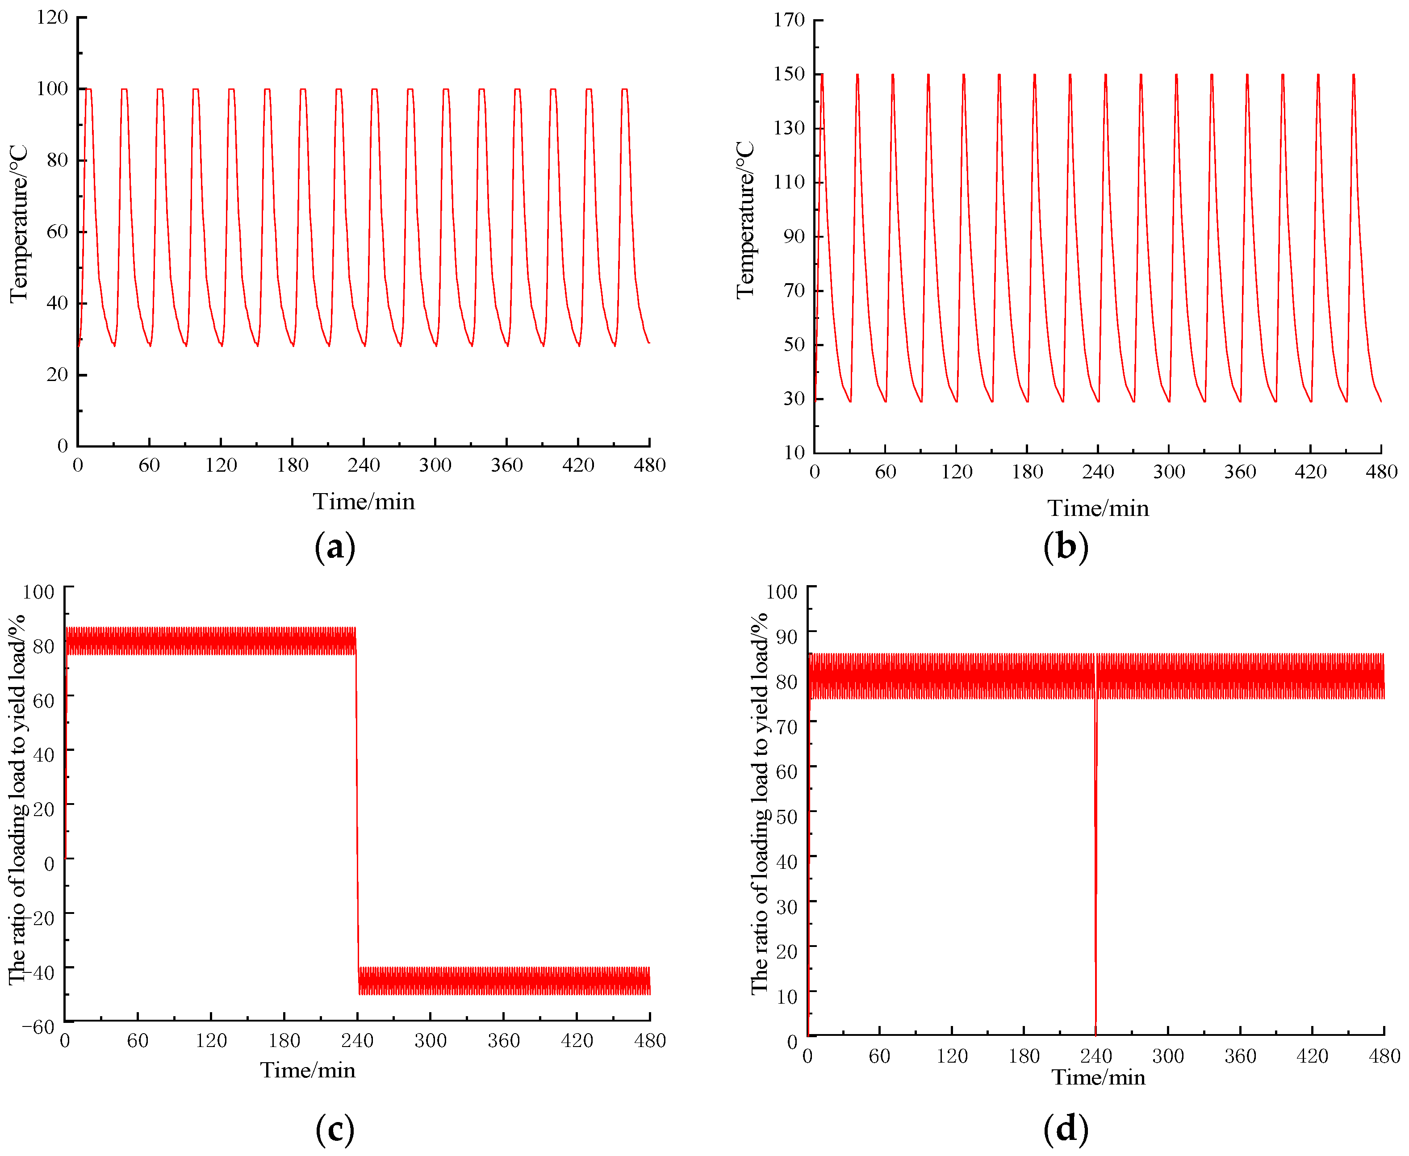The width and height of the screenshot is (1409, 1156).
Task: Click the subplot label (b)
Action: point(1066,547)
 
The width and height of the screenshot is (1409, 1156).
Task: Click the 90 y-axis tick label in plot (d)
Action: point(786,637)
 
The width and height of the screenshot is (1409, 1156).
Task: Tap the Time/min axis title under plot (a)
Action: point(364,502)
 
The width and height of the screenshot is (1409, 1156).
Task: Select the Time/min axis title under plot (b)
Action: point(1098,508)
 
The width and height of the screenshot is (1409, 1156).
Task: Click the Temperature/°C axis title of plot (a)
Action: point(19,224)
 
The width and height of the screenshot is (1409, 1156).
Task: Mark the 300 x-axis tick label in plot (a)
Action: point(435,465)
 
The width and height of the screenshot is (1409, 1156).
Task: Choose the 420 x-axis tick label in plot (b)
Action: point(1310,471)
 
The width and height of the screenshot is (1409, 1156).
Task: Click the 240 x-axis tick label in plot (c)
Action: point(357,1040)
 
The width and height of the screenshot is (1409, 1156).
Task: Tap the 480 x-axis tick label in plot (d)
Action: point(1384,1055)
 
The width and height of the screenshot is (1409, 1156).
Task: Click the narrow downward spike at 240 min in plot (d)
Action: point(1095,866)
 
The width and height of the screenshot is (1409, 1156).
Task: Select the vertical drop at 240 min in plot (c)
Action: point(357,813)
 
